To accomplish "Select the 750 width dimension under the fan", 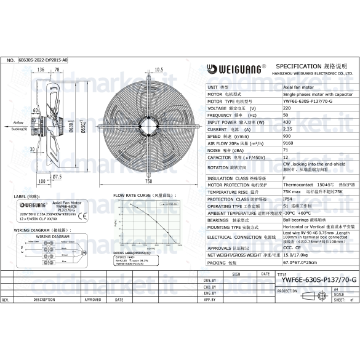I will [148, 182].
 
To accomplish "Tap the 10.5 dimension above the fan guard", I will [158, 69].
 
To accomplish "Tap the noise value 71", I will [286, 150].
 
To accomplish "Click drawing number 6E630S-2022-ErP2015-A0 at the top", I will [43, 60].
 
